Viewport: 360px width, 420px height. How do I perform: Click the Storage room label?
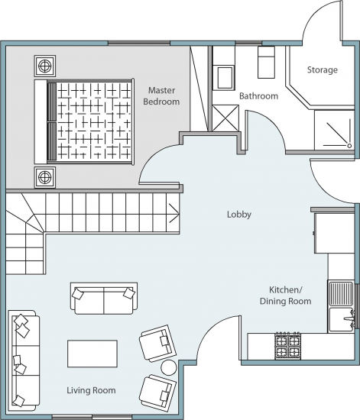click(323, 70)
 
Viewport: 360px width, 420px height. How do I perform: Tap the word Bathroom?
click(258, 96)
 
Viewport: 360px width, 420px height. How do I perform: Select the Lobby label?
click(239, 215)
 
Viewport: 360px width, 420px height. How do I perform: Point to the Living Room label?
click(91, 390)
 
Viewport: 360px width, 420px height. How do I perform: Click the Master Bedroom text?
click(161, 96)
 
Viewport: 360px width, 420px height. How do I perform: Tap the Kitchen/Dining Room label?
click(286, 296)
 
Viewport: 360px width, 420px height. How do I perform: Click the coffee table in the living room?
click(92, 354)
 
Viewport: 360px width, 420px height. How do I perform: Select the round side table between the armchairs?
click(169, 367)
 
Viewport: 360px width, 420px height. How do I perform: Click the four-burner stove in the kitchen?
click(287, 346)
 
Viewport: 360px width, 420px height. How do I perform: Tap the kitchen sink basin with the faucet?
click(341, 319)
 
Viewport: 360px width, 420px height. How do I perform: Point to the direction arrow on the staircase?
click(174, 213)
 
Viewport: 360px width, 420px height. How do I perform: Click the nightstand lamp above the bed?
click(45, 66)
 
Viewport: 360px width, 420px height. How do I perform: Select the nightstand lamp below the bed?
click(45, 177)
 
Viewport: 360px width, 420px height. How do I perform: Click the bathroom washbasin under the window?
click(225, 77)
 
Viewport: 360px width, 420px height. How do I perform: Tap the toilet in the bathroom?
click(266, 62)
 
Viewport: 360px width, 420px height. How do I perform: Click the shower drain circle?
click(349, 146)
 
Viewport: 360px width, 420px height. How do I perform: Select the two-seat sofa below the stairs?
click(104, 298)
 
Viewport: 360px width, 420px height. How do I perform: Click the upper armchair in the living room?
click(157, 343)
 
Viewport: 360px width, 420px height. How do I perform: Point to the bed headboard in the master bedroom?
click(41, 121)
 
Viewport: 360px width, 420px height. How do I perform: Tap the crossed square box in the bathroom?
click(225, 118)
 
